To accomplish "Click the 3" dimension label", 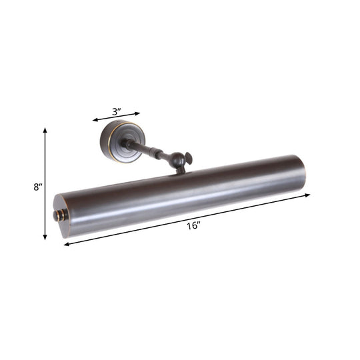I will (116, 111).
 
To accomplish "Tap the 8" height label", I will (37, 187).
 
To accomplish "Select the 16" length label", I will (194, 227).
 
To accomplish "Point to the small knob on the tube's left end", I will (57, 215).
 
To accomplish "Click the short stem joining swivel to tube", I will (180, 170).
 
